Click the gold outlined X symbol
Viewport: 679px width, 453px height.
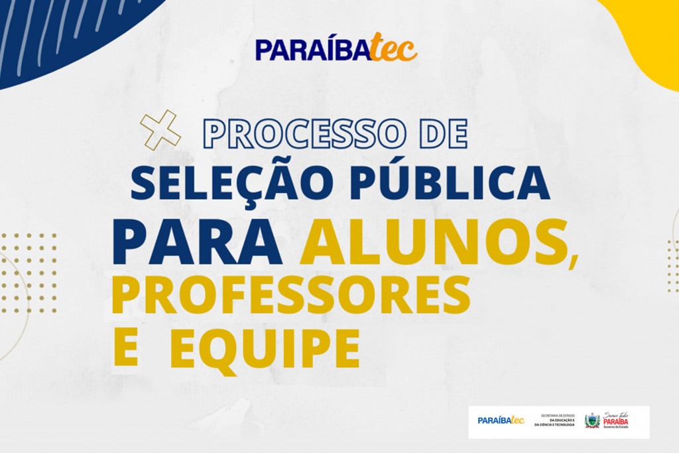161,129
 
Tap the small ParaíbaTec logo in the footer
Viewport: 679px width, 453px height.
501,421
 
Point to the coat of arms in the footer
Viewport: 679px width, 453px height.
592,421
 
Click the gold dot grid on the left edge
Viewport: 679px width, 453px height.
29,272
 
